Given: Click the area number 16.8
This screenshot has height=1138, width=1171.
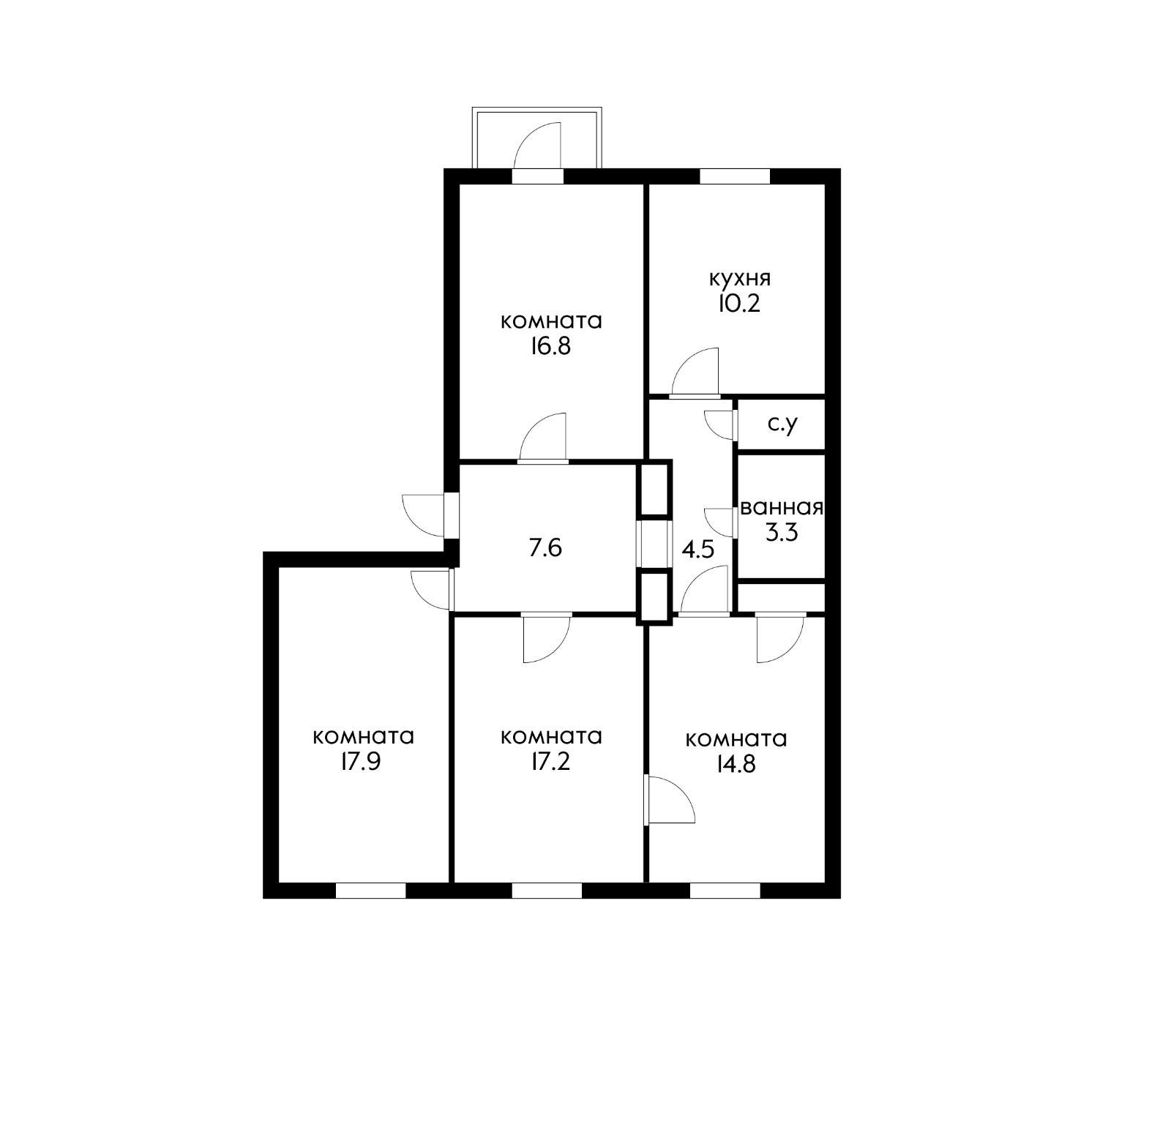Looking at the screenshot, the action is coord(551,346).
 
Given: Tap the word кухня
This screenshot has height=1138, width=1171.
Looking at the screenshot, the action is coord(739,279).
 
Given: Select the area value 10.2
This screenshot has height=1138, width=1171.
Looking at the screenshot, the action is coord(739,303).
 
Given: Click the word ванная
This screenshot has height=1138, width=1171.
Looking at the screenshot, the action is coord(782,508).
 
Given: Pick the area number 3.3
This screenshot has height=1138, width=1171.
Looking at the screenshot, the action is coord(781,532).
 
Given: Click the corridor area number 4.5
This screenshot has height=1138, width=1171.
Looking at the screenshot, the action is coord(697,549).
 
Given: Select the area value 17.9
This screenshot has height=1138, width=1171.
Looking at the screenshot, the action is coord(363,762).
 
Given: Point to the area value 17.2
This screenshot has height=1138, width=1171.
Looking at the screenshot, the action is coord(551,762).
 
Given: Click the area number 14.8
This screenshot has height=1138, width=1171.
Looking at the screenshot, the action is coord(736,763).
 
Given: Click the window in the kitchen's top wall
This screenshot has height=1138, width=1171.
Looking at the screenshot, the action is coord(735,176).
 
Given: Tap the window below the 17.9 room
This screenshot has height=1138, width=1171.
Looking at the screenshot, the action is coord(370,890).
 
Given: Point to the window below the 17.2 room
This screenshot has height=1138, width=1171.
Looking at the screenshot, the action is coord(547,890).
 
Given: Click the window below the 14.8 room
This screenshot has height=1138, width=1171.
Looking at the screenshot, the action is coord(725,890).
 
